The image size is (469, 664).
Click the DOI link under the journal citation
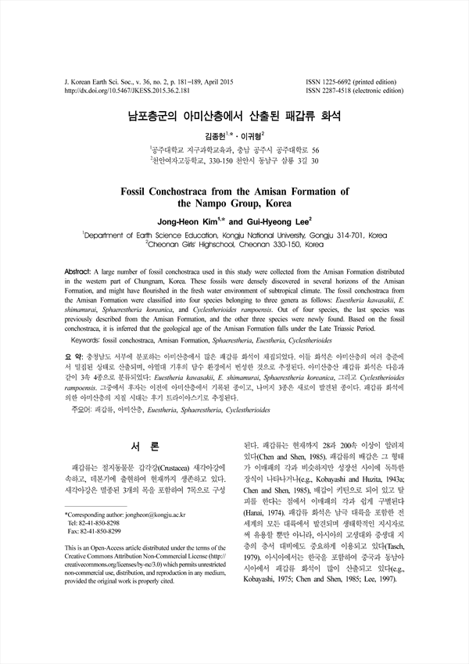pyautogui.click(x=118, y=90)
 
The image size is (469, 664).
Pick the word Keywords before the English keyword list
pyautogui.click(x=88, y=341)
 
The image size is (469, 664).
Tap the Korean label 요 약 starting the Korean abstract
pyautogui.click(x=74, y=354)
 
